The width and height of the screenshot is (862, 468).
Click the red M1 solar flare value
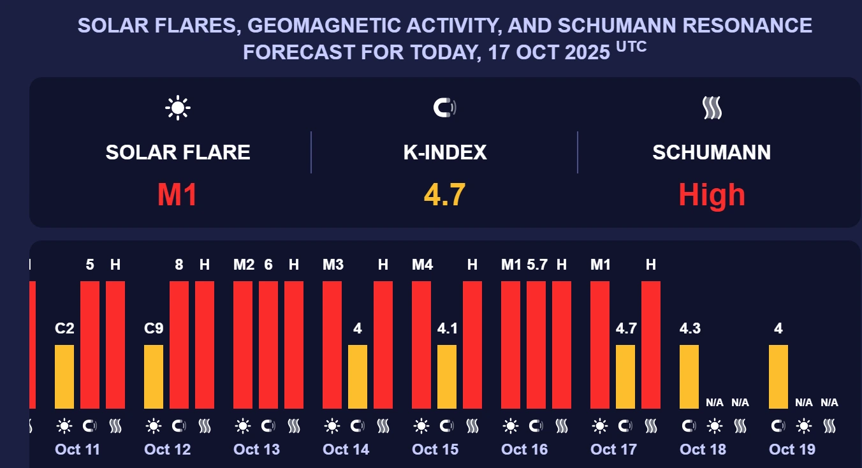coord(177,194)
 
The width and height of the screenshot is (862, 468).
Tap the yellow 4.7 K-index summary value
coord(444,194)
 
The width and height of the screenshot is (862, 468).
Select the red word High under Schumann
coord(712,194)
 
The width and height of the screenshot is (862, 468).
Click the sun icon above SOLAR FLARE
coord(177,108)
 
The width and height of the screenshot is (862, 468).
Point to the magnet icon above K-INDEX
coord(444,108)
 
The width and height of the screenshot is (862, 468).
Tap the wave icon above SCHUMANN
coord(712,108)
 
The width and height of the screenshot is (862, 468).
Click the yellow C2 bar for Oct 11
coord(64,376)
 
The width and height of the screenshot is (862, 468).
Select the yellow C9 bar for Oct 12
coord(154,376)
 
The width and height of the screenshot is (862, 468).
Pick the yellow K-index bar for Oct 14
coord(358,376)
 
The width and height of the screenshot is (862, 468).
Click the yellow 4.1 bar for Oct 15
coord(447,376)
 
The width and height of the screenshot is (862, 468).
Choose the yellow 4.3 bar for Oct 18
coord(689,376)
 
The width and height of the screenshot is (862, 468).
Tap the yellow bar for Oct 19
coord(778,376)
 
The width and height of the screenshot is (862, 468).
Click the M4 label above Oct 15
coord(422,265)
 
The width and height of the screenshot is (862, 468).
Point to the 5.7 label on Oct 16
coord(537,265)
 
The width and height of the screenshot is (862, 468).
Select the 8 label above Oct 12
coord(179,265)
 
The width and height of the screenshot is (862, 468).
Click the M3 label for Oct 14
coord(333,265)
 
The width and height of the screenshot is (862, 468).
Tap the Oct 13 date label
coord(256,450)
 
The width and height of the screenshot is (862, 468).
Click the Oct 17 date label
coord(613,450)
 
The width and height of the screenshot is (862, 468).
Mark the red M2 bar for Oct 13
coord(243,344)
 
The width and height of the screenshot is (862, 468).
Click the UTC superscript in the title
coord(631,47)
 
